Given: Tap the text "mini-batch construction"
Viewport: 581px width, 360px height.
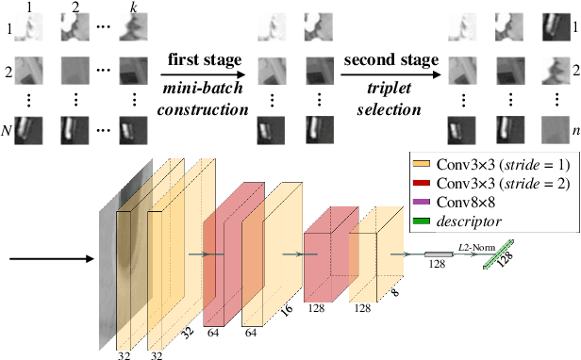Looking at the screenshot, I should [203, 98].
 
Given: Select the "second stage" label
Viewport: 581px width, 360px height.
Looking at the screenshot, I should [391, 59].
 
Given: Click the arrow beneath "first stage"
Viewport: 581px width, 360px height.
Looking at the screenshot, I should [203, 75].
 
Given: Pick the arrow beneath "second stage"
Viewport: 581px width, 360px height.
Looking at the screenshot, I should [391, 75].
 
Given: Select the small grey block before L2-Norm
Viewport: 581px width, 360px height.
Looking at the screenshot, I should [438, 254].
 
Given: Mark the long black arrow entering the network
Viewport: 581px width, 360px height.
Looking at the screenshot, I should [47, 255].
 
